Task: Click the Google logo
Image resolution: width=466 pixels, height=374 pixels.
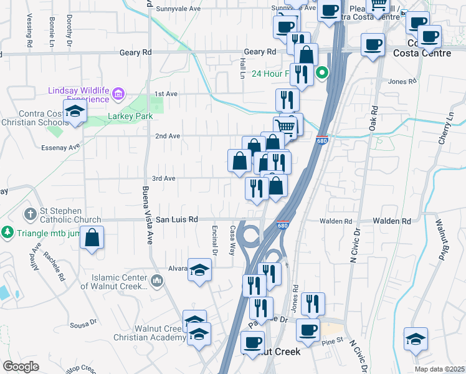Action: (21, 367)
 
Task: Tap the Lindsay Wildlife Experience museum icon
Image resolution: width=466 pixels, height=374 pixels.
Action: (118, 95)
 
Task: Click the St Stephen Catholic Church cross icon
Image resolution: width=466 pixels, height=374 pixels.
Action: (30, 214)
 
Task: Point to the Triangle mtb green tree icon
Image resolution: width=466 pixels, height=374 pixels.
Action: (7, 232)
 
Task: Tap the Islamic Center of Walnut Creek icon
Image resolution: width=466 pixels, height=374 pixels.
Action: (156, 281)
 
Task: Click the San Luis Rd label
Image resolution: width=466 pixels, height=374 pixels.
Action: (176, 219)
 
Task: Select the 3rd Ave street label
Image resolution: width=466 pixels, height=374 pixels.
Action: (164, 178)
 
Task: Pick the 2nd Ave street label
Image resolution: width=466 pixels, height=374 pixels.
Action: (168, 136)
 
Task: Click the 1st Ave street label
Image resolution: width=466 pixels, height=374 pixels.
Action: (166, 93)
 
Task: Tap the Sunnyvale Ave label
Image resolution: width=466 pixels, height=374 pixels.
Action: (178, 9)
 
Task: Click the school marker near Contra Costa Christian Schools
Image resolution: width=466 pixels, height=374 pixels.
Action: (75, 112)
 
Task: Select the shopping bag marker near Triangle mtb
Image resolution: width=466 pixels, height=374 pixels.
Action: (92, 237)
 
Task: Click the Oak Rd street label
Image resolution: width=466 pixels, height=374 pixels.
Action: (373, 118)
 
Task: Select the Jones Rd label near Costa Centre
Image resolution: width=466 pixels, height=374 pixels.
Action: (401, 82)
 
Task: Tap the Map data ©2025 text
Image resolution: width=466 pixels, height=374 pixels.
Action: (439, 369)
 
